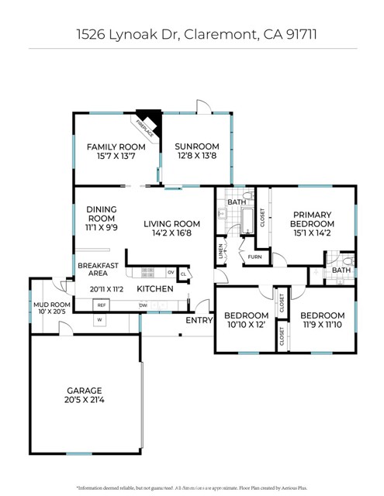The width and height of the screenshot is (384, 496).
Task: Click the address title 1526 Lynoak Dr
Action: point(192,35)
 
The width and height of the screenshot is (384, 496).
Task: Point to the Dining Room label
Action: point(102,209)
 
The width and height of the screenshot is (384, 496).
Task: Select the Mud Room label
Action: point(50,305)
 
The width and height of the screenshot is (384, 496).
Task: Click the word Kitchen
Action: point(154,289)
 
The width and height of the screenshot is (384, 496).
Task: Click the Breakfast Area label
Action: point(98,270)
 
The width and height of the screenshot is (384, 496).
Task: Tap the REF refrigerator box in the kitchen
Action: point(101,305)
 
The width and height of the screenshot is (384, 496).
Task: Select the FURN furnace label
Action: point(255,256)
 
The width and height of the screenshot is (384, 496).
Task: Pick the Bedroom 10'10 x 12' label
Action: point(246,315)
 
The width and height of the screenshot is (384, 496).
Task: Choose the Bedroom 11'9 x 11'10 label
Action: point(322,315)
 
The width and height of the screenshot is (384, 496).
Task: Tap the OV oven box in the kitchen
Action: point(171,272)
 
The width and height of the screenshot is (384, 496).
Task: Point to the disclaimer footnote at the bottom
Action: point(192,487)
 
